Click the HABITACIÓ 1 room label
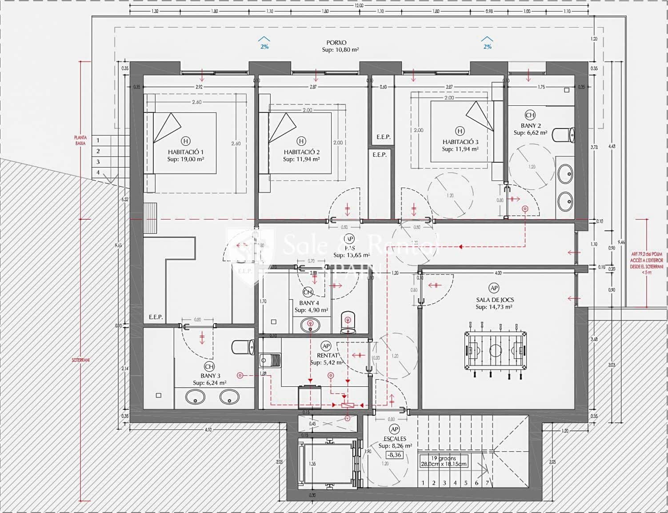coord(185,152)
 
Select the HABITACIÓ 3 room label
coord(460,142)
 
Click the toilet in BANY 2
coord(563,134)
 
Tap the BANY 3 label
coord(210,376)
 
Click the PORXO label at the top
coord(336,43)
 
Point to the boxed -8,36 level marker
coord(394,455)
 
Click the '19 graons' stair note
coord(443,458)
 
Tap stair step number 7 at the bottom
coord(487,483)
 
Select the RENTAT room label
coord(327,356)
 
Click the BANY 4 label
coord(309,303)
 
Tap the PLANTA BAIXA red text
coord(80,140)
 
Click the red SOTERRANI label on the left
coord(80,360)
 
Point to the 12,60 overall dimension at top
coord(359,5)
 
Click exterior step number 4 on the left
coord(98,172)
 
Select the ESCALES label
coord(395,439)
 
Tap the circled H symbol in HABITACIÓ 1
coord(185,141)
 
